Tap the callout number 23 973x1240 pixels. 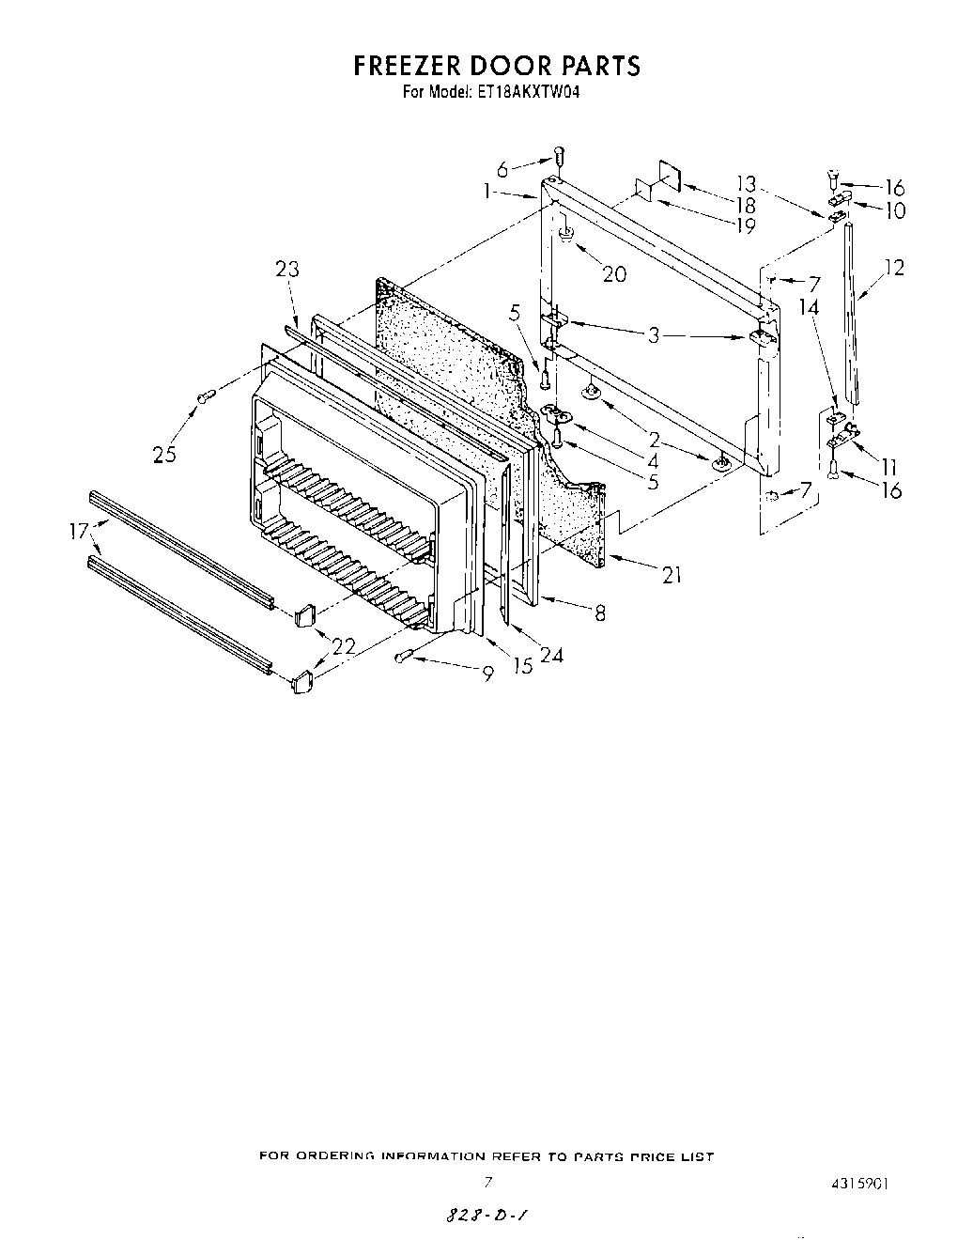coord(286,269)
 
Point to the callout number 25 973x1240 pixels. coord(164,456)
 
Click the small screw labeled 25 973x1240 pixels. coord(201,400)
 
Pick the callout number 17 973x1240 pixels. coord(79,531)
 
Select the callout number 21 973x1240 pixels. coord(671,576)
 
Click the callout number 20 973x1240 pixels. coord(613,273)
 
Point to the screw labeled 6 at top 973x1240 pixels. coord(559,155)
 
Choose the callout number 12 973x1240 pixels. coord(893,268)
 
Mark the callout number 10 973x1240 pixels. coord(894,210)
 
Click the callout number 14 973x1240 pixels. coord(809,307)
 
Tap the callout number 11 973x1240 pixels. coord(888,466)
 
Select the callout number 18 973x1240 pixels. coord(746,204)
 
